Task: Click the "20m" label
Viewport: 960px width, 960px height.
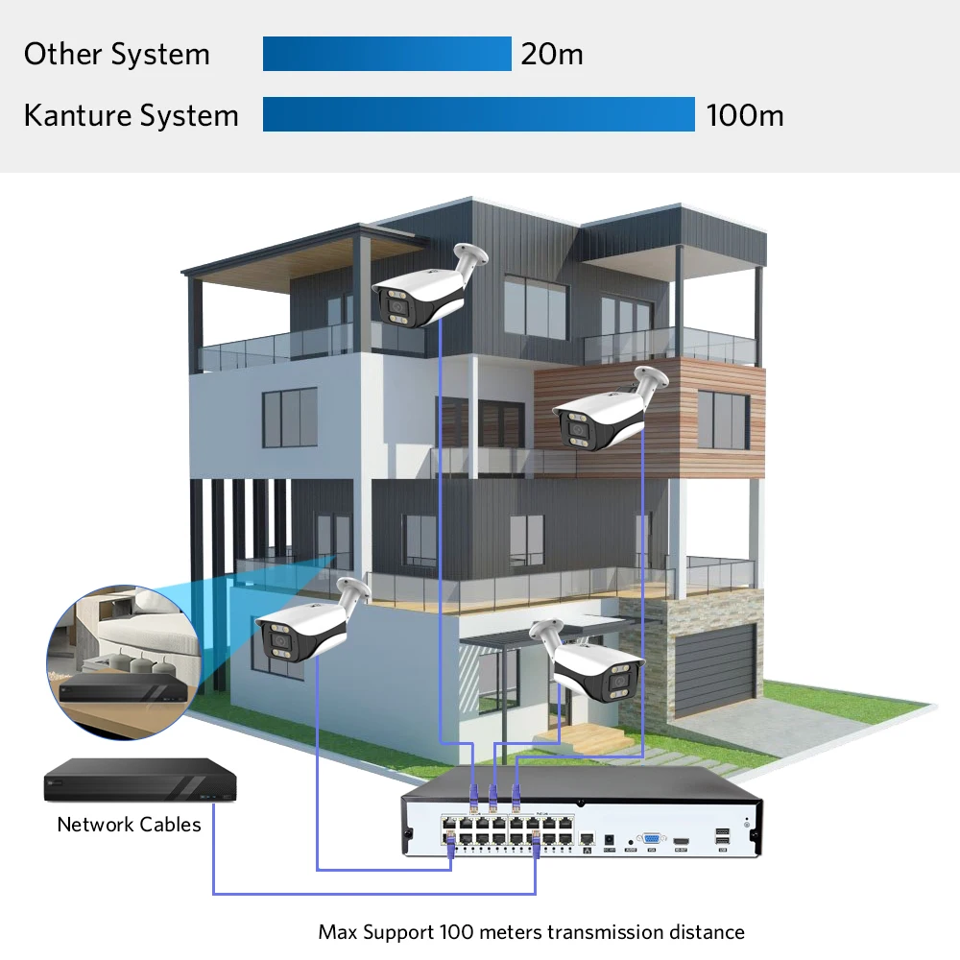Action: pyautogui.click(x=552, y=54)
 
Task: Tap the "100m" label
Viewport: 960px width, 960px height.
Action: pyautogui.click(x=745, y=116)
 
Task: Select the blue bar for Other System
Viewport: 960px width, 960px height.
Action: pyautogui.click(x=387, y=54)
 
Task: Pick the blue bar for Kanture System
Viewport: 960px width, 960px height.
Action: pyautogui.click(x=478, y=114)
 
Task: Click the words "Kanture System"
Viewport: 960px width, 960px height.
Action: pyautogui.click(x=131, y=116)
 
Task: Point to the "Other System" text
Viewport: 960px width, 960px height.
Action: pyautogui.click(x=116, y=55)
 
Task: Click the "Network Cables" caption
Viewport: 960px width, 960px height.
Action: pyautogui.click(x=130, y=825)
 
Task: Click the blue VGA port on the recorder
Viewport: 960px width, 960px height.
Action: pyautogui.click(x=652, y=840)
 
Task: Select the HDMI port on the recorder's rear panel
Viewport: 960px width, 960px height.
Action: pyautogui.click(x=681, y=841)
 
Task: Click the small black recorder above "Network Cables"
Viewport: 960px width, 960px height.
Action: pyautogui.click(x=139, y=780)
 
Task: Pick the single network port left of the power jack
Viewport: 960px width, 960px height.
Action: pyautogui.click(x=588, y=840)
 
